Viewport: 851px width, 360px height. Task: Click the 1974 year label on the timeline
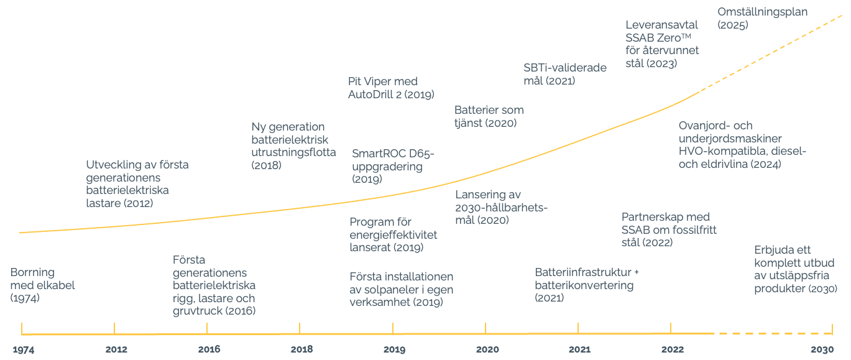coord(24,349)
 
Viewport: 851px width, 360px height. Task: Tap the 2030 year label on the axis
coord(822,349)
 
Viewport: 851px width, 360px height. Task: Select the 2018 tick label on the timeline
coord(301,349)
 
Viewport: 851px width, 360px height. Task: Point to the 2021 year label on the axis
coord(579,349)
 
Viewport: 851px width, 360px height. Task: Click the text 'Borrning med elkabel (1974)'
coord(42,285)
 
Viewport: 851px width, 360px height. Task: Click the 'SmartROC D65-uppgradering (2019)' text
coord(393,167)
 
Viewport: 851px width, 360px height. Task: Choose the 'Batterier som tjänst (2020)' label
coord(489,116)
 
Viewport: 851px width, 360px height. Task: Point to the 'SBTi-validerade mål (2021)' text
coord(564,74)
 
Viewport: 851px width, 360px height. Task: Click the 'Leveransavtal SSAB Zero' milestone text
coord(662,44)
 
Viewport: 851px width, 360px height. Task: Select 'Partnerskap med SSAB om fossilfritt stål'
coord(669,229)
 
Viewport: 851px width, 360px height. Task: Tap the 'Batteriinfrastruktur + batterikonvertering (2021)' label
coord(586,285)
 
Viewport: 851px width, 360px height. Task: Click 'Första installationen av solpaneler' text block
coord(401,289)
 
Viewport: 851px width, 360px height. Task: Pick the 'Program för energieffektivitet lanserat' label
coord(393,234)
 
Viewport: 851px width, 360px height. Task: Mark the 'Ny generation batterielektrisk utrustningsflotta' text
coord(293,146)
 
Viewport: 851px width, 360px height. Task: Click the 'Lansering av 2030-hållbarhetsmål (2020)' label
coord(501,207)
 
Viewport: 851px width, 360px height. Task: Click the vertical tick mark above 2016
coord(207,328)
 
